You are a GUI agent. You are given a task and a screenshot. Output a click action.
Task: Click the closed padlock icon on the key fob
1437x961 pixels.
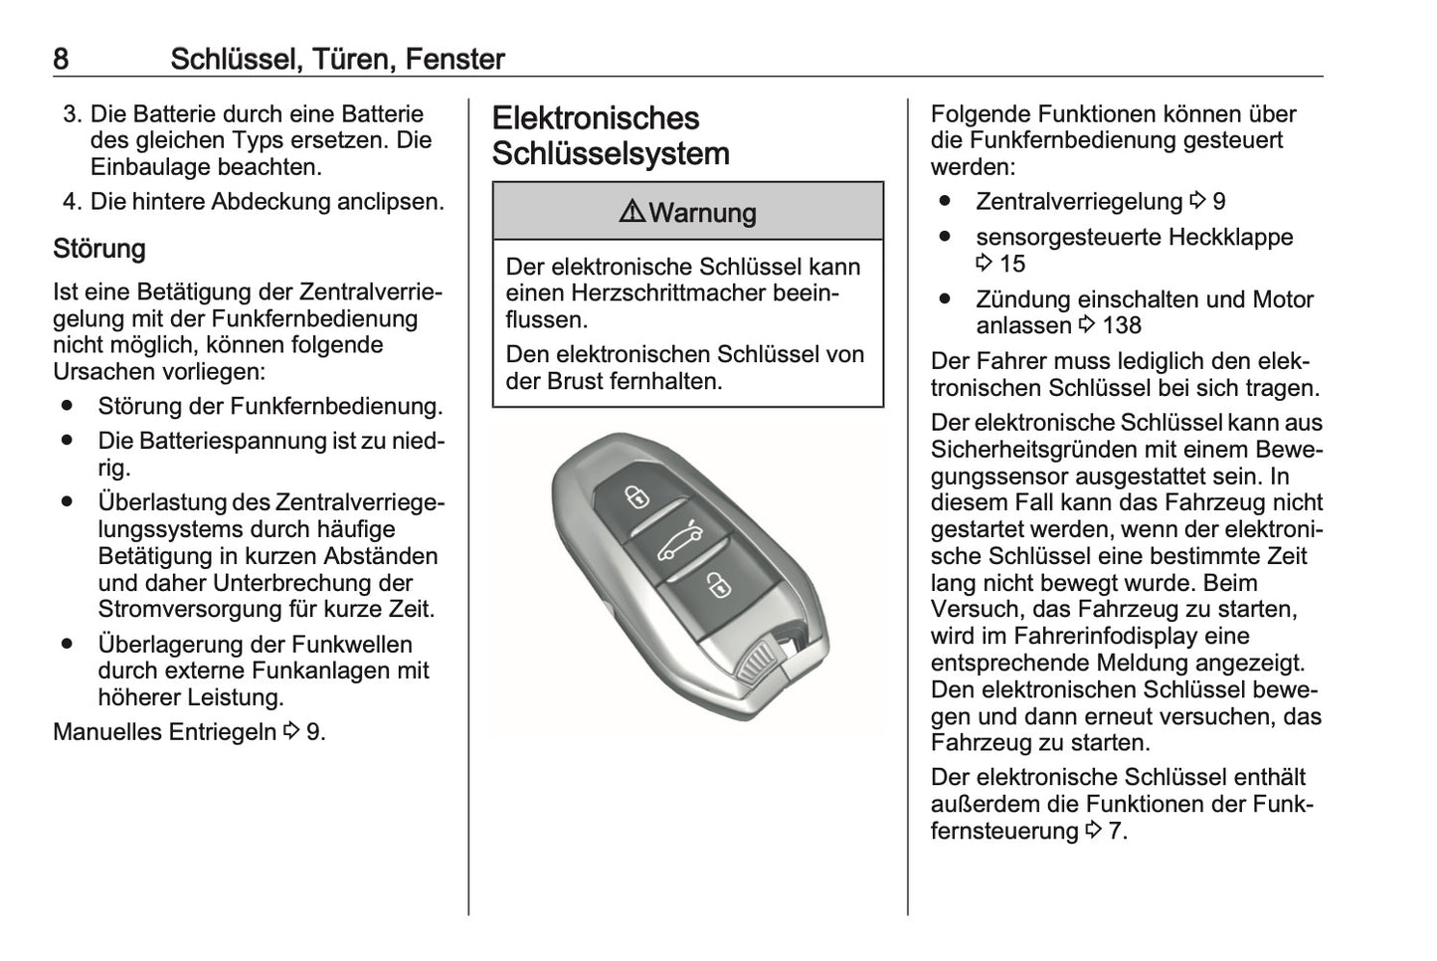(x=637, y=496)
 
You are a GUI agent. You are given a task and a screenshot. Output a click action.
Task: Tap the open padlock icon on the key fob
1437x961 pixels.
(x=717, y=585)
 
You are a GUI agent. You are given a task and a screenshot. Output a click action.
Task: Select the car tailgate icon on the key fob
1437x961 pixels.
(x=678, y=541)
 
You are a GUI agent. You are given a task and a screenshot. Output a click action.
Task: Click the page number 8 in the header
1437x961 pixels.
(x=61, y=60)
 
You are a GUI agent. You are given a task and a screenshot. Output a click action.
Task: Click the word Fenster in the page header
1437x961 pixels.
(x=454, y=60)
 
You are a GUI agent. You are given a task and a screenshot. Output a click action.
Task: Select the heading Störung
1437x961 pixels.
(x=99, y=249)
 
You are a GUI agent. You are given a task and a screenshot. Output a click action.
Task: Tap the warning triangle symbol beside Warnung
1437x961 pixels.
(x=631, y=212)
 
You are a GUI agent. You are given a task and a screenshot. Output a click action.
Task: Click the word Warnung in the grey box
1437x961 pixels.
(x=702, y=213)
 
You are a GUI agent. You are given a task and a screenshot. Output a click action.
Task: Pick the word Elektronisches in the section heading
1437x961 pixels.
(x=596, y=118)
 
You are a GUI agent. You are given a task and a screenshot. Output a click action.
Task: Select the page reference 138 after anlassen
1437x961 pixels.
(x=1122, y=326)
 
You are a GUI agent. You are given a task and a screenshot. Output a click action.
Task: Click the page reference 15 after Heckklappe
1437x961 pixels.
(x=1011, y=264)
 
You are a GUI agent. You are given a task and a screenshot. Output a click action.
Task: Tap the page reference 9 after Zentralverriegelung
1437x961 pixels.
(x=1219, y=202)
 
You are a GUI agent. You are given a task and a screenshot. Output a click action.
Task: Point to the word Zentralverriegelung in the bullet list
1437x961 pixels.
(x=1079, y=202)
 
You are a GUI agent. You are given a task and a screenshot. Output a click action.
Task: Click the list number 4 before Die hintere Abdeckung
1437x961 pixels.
(x=70, y=202)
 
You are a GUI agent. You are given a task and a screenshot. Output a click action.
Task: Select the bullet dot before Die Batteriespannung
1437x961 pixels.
(x=67, y=441)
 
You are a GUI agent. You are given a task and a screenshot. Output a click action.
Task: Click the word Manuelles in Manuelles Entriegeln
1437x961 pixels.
(x=107, y=732)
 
